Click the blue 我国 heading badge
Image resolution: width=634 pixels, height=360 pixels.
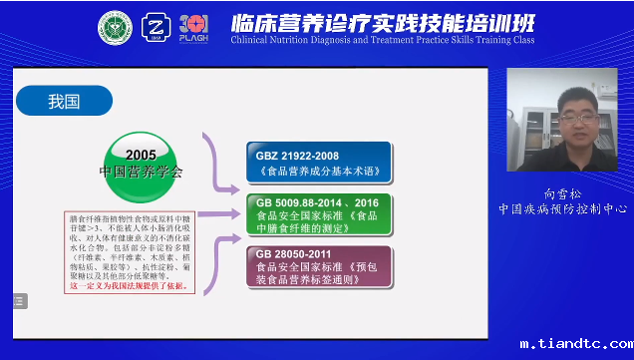pos(62,101)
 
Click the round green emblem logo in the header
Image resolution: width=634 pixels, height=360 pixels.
pos(115,28)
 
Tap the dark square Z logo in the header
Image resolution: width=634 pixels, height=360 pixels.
pos(156,28)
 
